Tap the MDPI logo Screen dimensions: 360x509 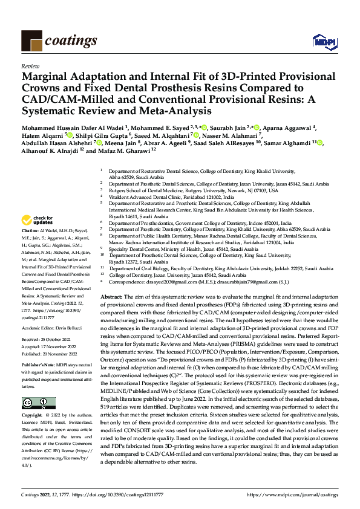(x=322, y=42)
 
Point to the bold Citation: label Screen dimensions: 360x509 (x=30, y=232)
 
